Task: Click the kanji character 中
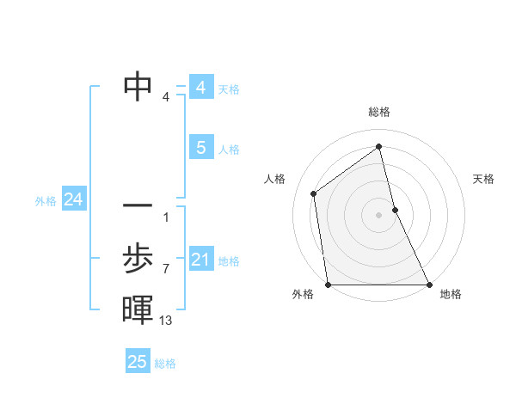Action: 138,86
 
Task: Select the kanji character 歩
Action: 138,258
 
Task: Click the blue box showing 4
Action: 200,88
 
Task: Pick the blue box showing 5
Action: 200,148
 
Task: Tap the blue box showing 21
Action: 200,259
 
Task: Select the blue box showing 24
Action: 73,199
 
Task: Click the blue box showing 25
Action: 137,362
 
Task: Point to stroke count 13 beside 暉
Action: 166,321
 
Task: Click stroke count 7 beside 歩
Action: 166,269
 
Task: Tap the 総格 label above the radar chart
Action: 379,112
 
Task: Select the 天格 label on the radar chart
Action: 484,179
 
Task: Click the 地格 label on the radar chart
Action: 451,294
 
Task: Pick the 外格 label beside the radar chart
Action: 303,294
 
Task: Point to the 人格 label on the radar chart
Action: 274,179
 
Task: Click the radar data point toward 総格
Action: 378,146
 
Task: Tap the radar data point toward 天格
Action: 395,209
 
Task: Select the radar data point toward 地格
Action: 428,284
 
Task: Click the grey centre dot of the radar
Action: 378,214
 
